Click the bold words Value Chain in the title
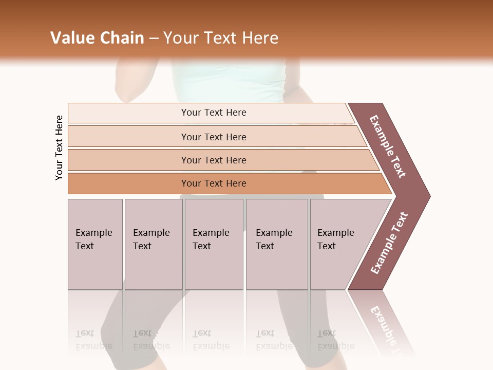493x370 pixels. point(97,38)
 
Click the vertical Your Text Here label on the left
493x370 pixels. point(59,147)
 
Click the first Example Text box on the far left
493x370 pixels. point(95,244)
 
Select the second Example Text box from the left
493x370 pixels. point(153,244)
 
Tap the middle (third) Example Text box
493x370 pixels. point(214,244)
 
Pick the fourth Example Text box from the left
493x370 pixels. point(277,244)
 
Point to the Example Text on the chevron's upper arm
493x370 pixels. point(388,146)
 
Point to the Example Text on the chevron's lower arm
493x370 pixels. point(389,243)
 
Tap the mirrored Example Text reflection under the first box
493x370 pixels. point(93,340)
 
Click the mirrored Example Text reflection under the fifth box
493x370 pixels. point(335,340)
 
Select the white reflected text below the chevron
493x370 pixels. point(388,329)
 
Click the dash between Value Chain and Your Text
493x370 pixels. point(154,38)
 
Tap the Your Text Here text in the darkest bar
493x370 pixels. point(214,183)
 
